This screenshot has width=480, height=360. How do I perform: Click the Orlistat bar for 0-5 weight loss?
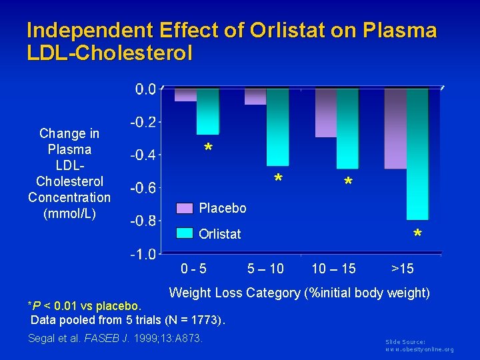pos(207,111)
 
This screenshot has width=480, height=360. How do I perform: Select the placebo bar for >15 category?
pos(395,129)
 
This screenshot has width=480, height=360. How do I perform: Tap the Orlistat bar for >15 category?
pos(417,154)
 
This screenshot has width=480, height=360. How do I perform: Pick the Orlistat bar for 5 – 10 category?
pos(277,127)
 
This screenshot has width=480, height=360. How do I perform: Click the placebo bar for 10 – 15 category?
pos(326,113)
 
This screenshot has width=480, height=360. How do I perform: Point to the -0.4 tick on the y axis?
pos(143,155)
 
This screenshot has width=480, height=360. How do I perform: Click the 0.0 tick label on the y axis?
pos(146,89)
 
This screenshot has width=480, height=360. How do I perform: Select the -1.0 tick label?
pos(143,254)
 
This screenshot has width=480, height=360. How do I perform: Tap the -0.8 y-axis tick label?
pos(143,221)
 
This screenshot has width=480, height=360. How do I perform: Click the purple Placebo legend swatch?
pos(185,209)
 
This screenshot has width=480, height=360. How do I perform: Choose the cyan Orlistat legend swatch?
pos(185,233)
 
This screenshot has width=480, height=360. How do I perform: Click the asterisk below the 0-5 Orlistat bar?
pos(209,148)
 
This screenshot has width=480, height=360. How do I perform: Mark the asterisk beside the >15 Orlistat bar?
pos(417,235)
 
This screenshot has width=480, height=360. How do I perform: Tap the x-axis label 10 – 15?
pos(334,269)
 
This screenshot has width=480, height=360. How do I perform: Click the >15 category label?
pos(403,269)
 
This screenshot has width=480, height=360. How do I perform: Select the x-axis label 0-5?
pos(194,269)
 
